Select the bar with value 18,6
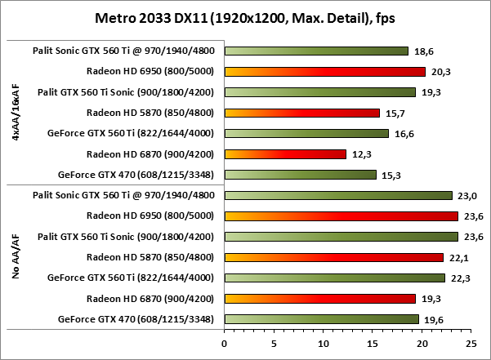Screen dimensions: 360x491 click(x=315, y=51)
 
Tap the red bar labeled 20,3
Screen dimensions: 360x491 click(x=324, y=71)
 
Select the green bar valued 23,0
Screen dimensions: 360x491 click(x=337, y=195)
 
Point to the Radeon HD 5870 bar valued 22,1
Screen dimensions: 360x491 click(x=333, y=257)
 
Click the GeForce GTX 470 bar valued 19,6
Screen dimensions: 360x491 click(x=321, y=319)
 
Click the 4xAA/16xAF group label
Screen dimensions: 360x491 click(x=16, y=113)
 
